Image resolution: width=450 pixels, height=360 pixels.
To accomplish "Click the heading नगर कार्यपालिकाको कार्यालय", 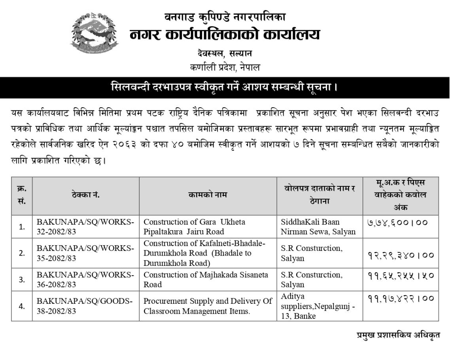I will pos(225,35).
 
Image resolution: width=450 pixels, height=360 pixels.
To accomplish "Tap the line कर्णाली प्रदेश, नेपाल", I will pos(225,67).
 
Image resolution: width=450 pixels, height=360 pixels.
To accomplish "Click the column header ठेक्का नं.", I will pos(86,195).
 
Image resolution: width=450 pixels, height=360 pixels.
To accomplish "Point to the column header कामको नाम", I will pos(208,195).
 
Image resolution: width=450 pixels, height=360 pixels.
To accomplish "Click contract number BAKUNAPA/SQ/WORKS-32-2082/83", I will pos(86,227).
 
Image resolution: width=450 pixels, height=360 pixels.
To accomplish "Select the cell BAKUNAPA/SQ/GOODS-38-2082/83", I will pos(86,306).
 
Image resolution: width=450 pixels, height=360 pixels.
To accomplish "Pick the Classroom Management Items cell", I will pos(208,306).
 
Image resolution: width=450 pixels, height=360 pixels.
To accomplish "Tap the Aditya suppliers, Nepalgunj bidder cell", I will pos(318,306).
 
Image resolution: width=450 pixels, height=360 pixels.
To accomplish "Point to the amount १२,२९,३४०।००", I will pos(400,255).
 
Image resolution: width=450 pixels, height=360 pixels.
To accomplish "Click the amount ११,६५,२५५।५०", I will pos(400,275).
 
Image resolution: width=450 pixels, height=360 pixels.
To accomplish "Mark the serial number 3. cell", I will pos(22,279).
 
